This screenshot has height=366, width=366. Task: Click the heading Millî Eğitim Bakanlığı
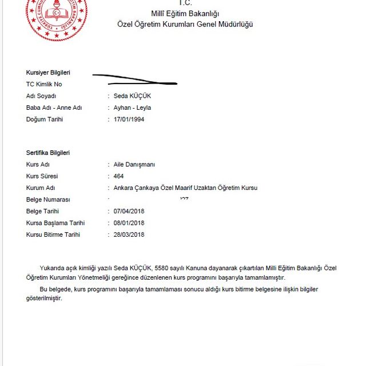pos(185,13)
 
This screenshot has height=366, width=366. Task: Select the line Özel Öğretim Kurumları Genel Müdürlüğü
pos(185,24)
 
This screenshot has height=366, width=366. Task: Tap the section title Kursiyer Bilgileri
pos(48,73)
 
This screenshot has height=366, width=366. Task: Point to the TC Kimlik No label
pos(44,84)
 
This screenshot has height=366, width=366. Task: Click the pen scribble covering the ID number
pos(134,79)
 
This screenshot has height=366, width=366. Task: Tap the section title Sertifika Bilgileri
pos(48,153)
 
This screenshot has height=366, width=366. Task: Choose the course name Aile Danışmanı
pos(134,165)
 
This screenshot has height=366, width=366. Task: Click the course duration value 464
pos(119,176)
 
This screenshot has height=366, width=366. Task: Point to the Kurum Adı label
pos(40,188)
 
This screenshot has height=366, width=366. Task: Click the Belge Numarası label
pos(48,200)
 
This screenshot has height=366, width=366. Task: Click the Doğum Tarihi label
pos(44,120)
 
